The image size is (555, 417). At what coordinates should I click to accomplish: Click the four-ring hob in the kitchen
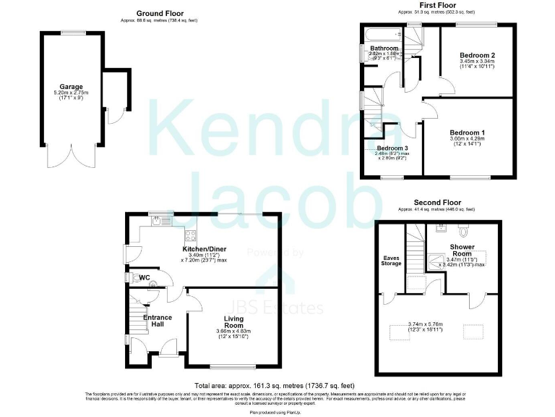coord(191,234)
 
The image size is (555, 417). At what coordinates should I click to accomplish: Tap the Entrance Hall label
coord(158,320)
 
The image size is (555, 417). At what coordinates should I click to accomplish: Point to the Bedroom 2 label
coord(477,55)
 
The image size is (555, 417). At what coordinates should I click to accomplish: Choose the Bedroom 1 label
coord(466,132)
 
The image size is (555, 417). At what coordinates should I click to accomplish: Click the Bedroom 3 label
coord(382,148)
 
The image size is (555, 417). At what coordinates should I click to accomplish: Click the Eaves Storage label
coord(391,260)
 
